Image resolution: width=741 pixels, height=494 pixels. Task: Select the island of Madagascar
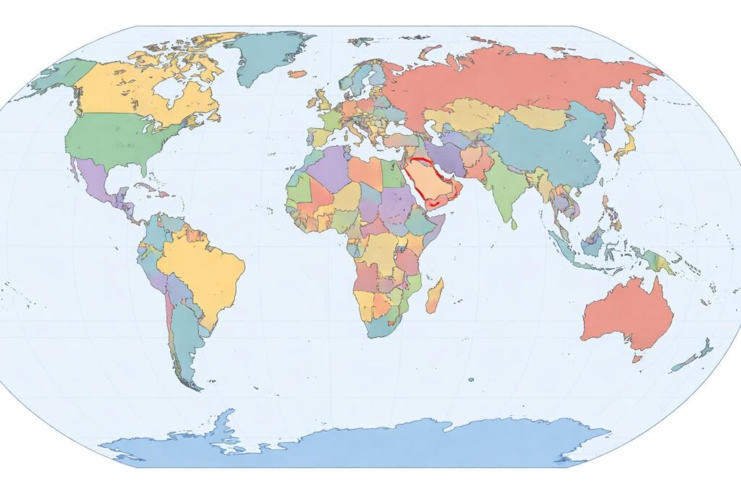[434, 297]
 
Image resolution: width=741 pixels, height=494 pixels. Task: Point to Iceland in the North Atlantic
[297, 74]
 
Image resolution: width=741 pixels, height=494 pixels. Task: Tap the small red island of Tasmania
[637, 358]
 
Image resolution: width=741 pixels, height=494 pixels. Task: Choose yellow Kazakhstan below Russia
[463, 116]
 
